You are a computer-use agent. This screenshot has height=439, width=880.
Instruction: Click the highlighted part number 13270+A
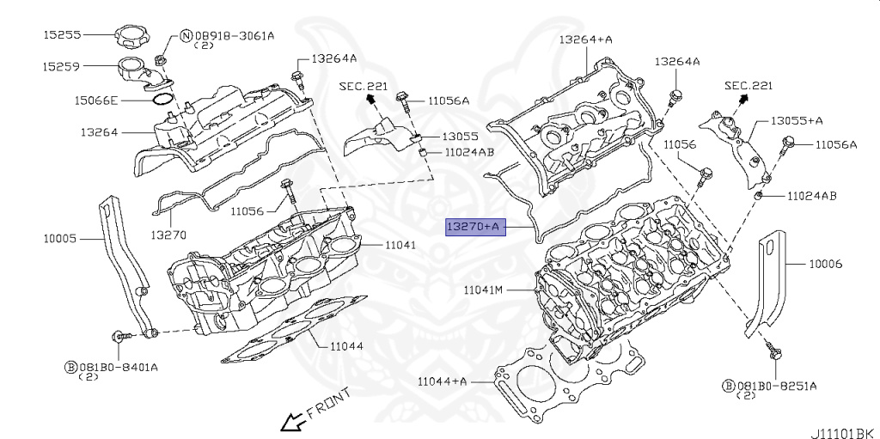473,227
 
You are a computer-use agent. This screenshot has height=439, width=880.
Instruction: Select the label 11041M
482,290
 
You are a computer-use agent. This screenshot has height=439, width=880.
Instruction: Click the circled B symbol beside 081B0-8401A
71,366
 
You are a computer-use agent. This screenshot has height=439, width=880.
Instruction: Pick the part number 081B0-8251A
776,386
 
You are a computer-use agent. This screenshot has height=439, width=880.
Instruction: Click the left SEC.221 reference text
362,86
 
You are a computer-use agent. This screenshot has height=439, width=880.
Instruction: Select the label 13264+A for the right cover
585,39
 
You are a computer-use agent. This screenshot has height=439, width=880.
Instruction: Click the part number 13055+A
797,121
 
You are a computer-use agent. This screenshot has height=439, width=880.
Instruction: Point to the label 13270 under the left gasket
168,235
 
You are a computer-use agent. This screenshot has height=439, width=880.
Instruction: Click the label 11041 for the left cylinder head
400,245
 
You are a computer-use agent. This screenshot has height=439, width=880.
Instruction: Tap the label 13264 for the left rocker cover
100,132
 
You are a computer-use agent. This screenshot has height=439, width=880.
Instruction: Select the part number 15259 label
62,65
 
